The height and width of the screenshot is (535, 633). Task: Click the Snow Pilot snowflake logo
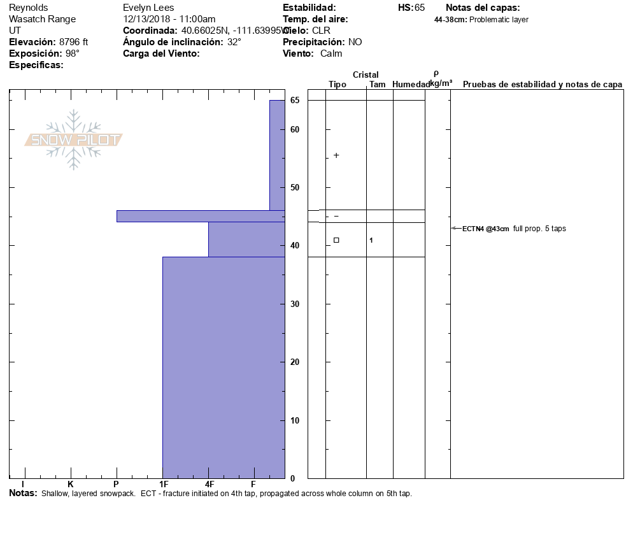(x=74, y=140)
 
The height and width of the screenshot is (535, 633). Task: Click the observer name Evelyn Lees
(x=148, y=8)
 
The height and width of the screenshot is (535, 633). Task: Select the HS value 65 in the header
(x=419, y=8)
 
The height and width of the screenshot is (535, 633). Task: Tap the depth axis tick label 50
(x=295, y=188)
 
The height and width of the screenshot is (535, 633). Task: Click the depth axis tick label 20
(x=295, y=362)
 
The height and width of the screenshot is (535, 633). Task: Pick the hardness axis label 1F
(x=163, y=485)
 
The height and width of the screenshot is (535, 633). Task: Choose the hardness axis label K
(x=71, y=485)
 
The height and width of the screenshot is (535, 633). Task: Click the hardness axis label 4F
(x=209, y=485)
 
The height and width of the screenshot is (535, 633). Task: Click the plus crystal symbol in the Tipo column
(x=336, y=155)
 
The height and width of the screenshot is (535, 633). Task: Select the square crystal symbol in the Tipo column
(x=336, y=240)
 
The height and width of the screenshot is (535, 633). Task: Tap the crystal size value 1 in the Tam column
(x=371, y=240)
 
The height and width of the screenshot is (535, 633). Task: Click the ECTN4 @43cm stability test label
(x=485, y=229)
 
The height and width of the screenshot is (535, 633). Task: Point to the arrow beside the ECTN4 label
(x=455, y=228)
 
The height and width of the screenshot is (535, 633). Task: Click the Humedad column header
(x=411, y=85)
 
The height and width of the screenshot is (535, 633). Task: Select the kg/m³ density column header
(x=441, y=83)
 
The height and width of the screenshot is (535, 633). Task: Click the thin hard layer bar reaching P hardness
(x=200, y=216)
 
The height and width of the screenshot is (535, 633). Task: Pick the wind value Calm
(x=331, y=53)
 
